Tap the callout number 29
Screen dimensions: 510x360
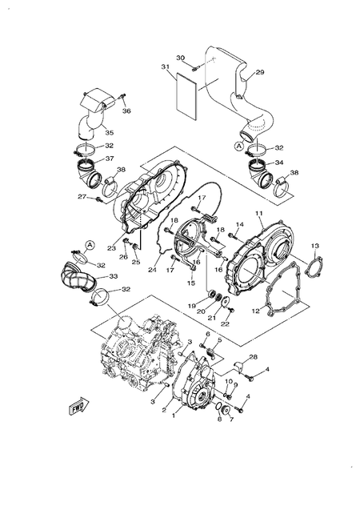click(259, 73)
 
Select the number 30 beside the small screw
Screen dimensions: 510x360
click(180, 58)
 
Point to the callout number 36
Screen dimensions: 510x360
click(126, 111)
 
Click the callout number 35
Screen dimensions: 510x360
click(109, 132)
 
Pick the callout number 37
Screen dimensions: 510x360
click(109, 159)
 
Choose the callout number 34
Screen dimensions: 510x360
click(279, 163)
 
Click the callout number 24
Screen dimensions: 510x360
click(151, 270)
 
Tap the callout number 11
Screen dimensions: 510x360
click(259, 214)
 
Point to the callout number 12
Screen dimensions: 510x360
click(257, 310)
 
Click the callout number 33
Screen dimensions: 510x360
click(114, 277)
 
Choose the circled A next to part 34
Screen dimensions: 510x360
click(238, 147)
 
